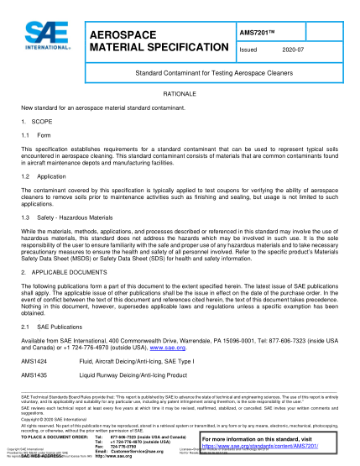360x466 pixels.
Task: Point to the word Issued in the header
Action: [x=249, y=50]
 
